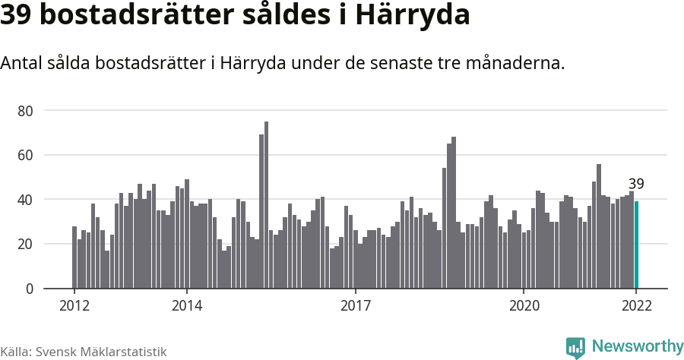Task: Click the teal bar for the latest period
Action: pos(637,245)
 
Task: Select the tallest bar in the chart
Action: pos(266,205)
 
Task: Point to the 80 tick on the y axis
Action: pos(25,111)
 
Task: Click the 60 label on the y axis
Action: pos(25,155)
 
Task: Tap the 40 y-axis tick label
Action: pos(25,200)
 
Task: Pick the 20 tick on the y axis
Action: pos(25,244)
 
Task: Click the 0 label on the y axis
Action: pos(29,289)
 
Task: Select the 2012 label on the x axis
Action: pos(74,306)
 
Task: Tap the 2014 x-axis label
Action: pos(187,306)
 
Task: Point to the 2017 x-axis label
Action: pos(355,306)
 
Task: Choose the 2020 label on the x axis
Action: pos(524,306)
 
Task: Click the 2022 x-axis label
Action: pos(636,306)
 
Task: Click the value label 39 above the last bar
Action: pos(636,184)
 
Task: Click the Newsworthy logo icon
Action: pos(575,347)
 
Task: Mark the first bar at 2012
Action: pos(74,257)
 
